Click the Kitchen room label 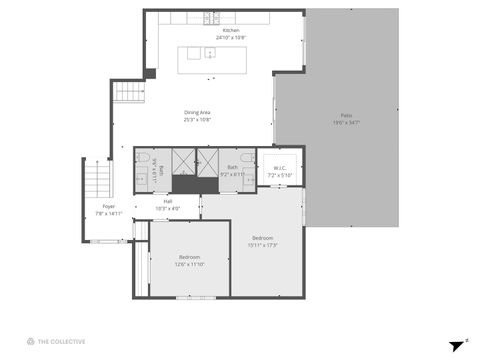[231, 31]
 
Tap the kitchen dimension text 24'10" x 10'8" [231, 38]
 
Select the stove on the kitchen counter [211, 18]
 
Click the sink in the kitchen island [210, 53]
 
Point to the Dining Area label [197, 112]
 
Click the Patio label [346, 117]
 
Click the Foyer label [108, 206]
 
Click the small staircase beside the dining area [129, 92]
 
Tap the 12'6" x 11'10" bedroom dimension [189, 264]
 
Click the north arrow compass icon [458, 344]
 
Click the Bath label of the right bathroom [232, 167]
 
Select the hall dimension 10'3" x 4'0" [168, 209]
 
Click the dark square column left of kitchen [149, 73]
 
